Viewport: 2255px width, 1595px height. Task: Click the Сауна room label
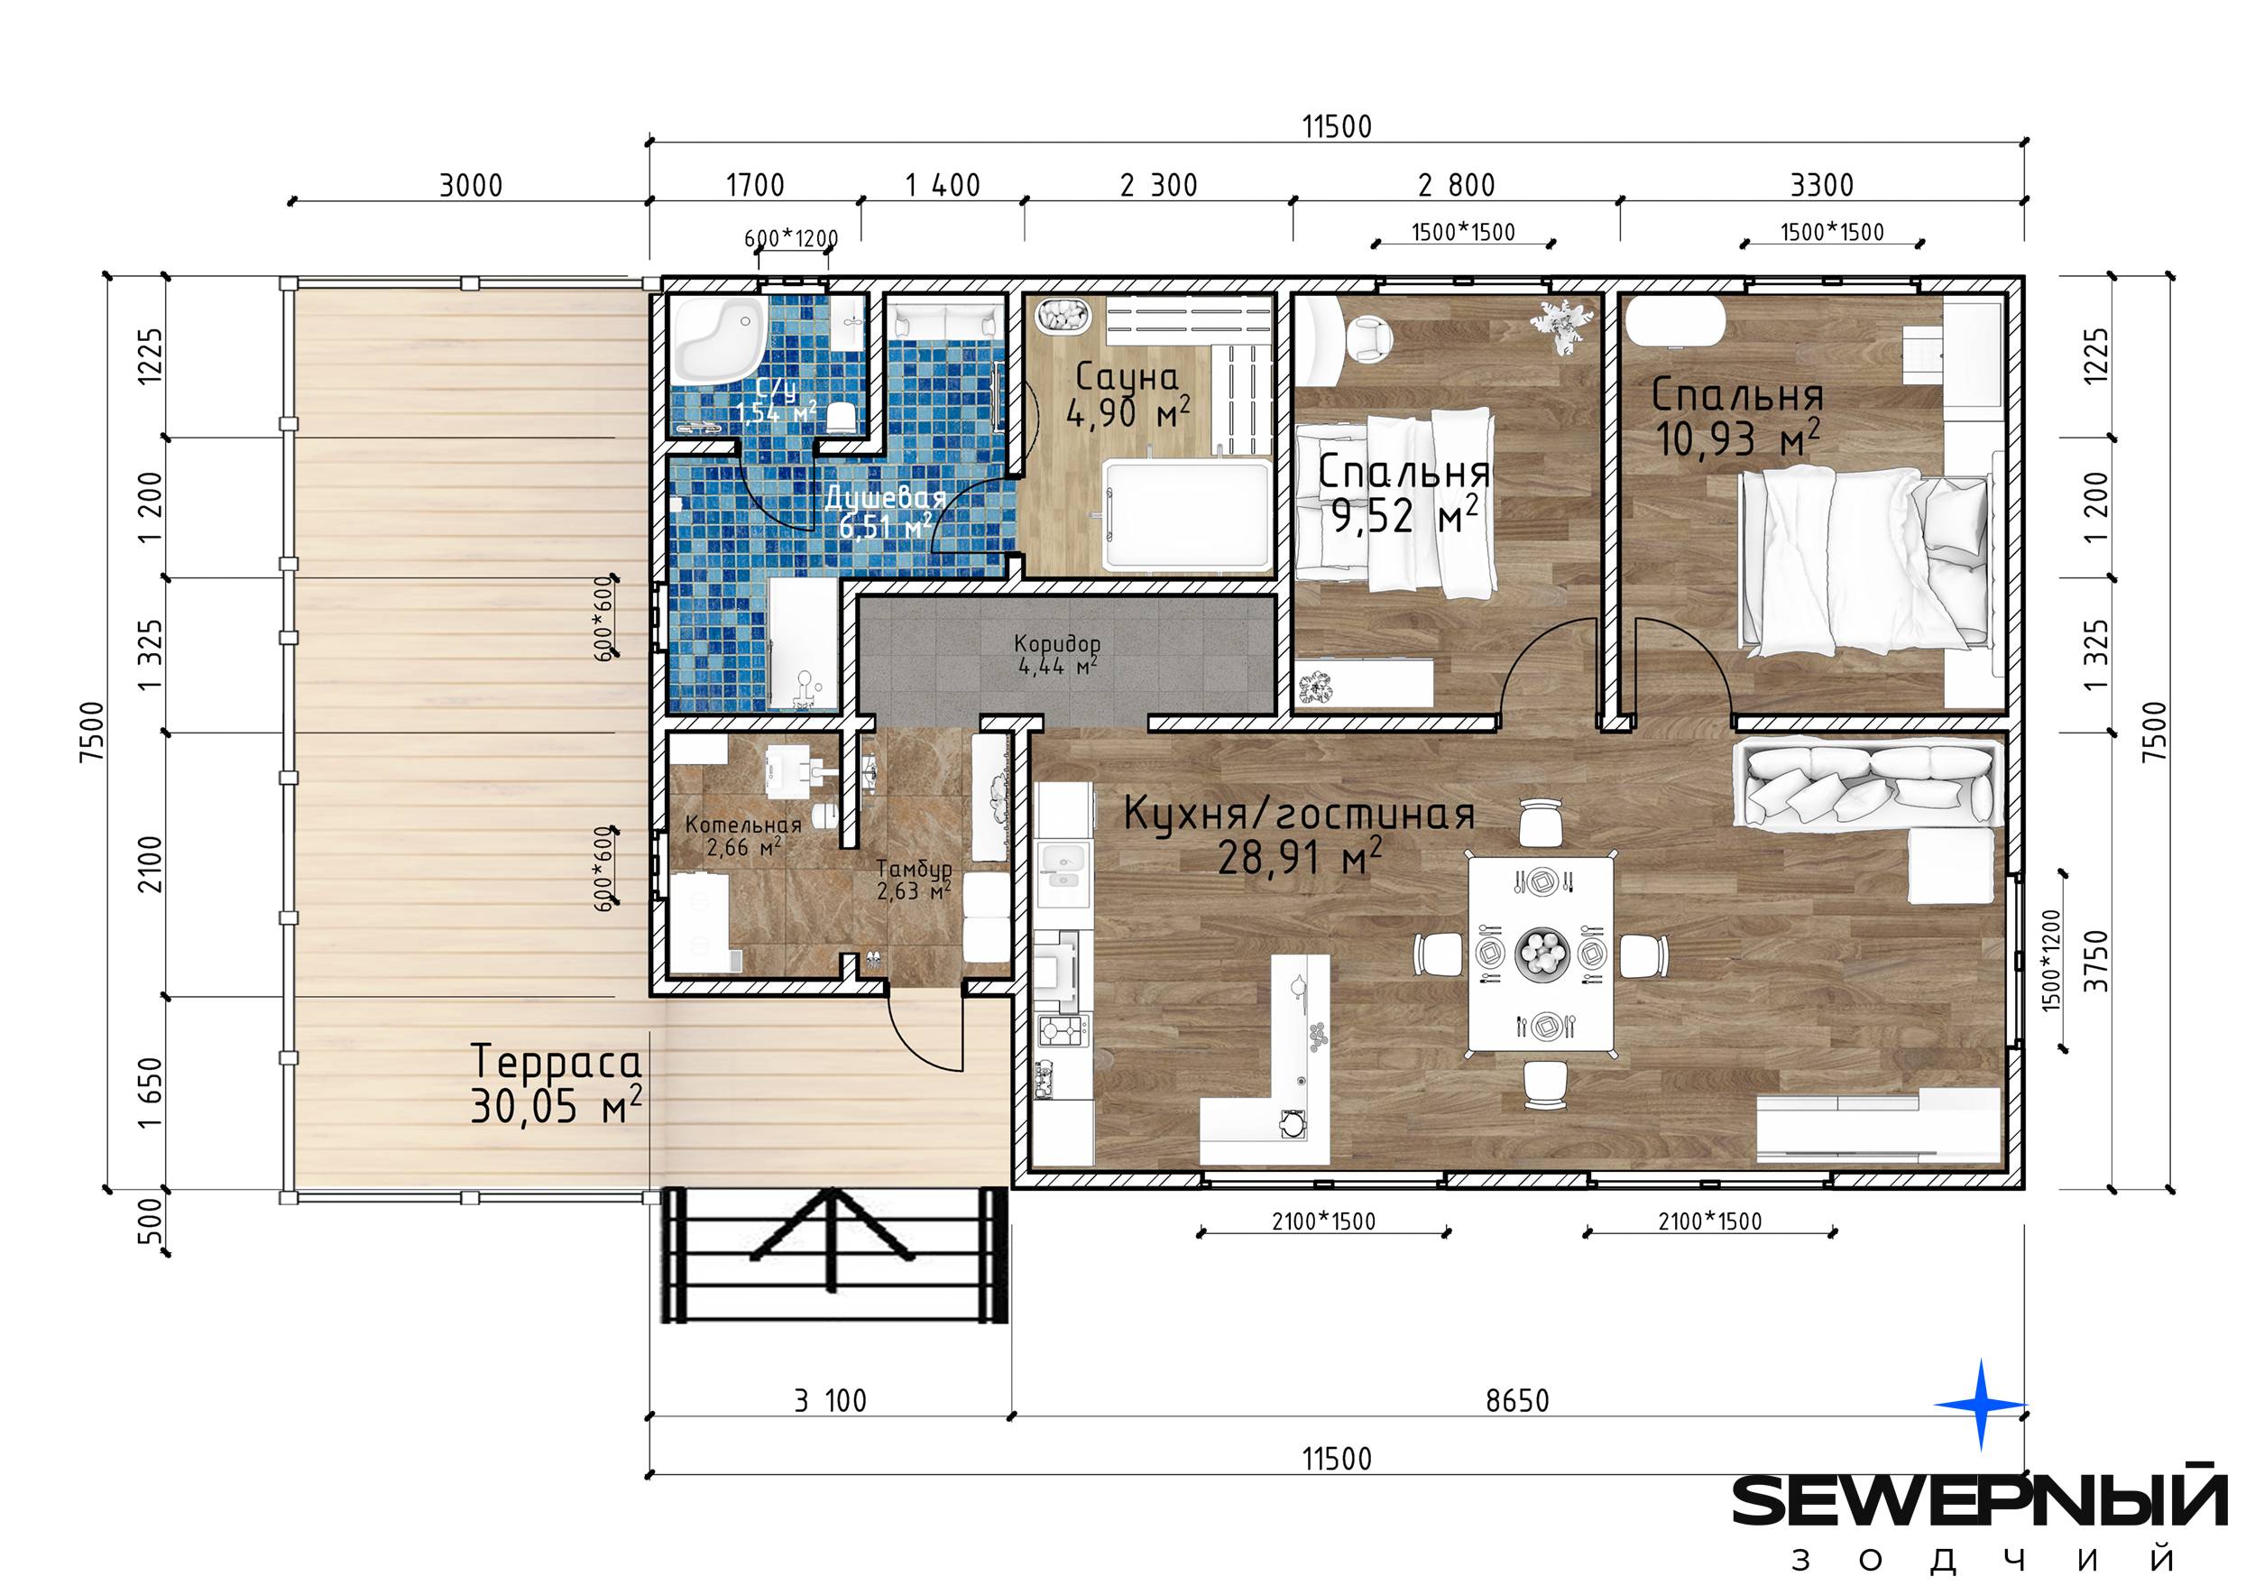tap(1127, 376)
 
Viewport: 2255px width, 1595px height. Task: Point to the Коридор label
tap(1057, 643)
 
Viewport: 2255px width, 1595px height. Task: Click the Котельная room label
tap(743, 825)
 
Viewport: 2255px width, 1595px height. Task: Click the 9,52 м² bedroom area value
tap(1404, 514)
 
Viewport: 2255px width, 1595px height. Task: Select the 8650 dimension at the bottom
tap(1517, 1400)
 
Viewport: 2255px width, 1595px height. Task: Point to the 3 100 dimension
tap(831, 1400)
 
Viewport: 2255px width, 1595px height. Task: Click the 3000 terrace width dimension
tap(471, 186)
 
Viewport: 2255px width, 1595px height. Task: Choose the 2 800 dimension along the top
tap(1458, 186)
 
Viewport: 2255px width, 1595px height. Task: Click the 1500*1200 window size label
tap(2052, 960)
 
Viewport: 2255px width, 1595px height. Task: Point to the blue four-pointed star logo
tap(1980, 1406)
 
